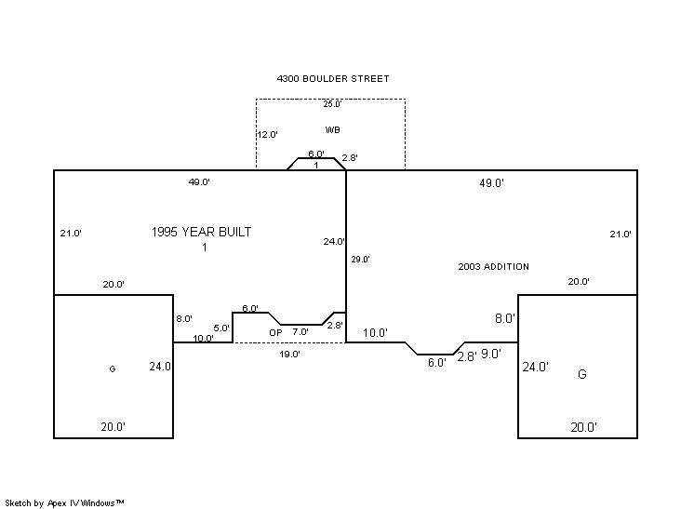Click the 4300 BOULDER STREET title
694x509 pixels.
pos(333,79)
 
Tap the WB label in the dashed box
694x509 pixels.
pos(332,129)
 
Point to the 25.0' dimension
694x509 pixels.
pos(332,104)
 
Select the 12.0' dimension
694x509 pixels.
pos(268,135)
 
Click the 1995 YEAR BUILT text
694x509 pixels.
pos(201,232)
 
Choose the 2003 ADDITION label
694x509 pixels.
pos(493,266)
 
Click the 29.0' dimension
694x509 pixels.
pos(360,260)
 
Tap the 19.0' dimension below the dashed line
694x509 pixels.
pos(290,355)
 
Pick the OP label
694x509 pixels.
pos(275,332)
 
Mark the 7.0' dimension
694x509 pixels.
pos(300,331)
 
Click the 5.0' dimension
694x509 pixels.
pos(221,328)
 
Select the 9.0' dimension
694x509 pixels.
pos(491,355)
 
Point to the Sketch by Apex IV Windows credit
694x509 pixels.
pos(64,503)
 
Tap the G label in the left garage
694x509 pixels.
pos(113,368)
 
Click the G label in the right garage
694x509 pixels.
pos(582,374)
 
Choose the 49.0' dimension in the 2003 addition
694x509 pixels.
pos(492,183)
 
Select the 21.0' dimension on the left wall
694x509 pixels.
pos(71,233)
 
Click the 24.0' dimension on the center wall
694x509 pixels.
pos(334,241)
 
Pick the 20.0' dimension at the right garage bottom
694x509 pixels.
pos(584,427)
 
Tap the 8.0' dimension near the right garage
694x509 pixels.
pos(505,318)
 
